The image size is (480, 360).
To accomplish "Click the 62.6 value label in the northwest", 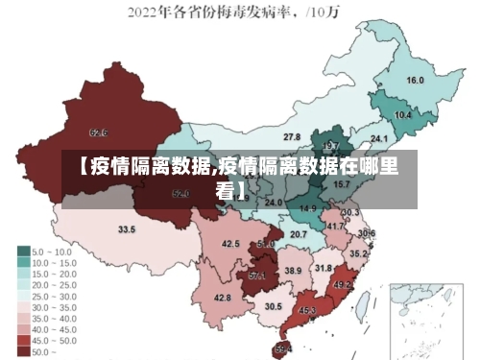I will [98, 132].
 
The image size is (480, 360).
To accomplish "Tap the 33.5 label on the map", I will [127, 230].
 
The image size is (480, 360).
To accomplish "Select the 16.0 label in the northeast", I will [415, 80].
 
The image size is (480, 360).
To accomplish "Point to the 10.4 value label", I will [402, 115].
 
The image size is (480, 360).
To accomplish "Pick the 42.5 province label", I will [230, 244].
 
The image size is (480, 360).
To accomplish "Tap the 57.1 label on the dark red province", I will [257, 276].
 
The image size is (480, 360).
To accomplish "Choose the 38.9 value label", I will [293, 272].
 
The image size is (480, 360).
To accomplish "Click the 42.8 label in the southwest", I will [223, 299].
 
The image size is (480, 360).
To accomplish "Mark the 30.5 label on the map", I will [274, 306].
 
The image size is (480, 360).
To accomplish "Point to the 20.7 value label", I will [299, 234].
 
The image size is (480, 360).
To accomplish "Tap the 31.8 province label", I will [324, 268].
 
